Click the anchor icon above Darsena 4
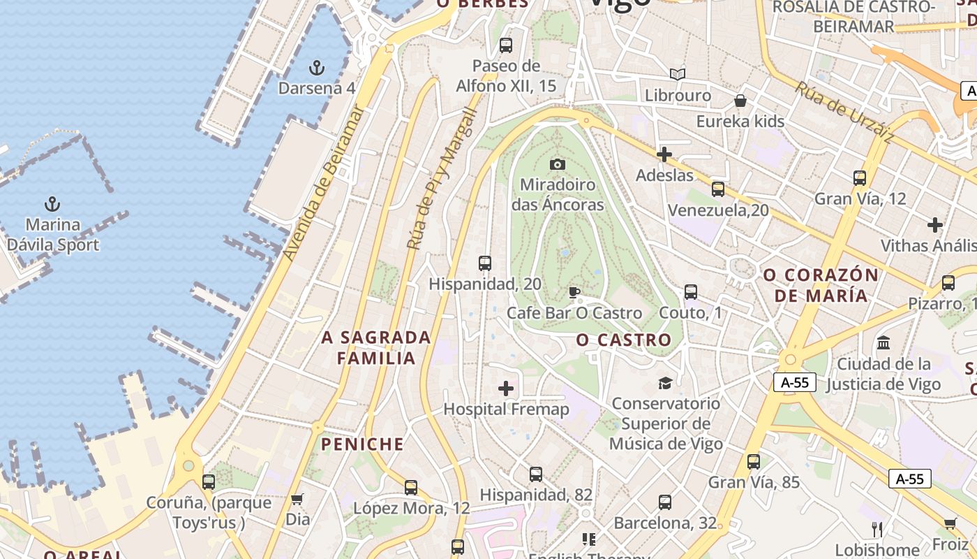pos(317,68)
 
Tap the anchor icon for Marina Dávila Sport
pos(52,204)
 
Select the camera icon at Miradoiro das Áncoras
pos(557,164)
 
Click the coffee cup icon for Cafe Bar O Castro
pos(574,292)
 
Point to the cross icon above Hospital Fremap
pos(506,389)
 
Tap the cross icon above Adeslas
pos(664,154)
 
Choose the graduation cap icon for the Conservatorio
pos(665,383)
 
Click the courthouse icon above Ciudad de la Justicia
pos(883,343)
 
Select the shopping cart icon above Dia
pos(297,499)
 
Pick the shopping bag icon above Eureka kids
pos(740,101)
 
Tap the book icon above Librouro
pos(677,74)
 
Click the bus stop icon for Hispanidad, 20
pos(485,263)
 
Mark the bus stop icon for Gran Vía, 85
pos(753,461)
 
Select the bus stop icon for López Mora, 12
pos(411,487)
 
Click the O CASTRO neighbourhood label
pos(624,340)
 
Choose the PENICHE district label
pos(362,444)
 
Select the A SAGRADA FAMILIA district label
pos(376,348)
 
